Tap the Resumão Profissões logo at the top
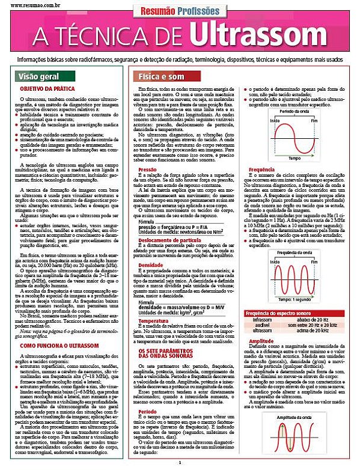pos(180,10)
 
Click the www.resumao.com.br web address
pos(27,3)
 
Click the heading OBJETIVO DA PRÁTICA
pos(49,88)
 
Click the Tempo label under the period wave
pos(294,159)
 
